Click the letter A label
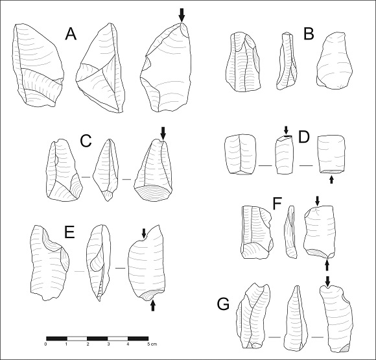(x=71, y=34)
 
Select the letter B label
(x=309, y=34)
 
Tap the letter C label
(x=86, y=141)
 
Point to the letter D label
(x=304, y=138)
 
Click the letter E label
(x=70, y=232)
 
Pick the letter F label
(x=277, y=204)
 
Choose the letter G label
(x=223, y=304)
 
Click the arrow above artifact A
(x=182, y=16)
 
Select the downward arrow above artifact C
(x=163, y=134)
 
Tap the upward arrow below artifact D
(x=332, y=180)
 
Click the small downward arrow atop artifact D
(x=286, y=130)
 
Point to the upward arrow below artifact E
(x=153, y=306)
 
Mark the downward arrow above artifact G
(x=327, y=282)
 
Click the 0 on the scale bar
(x=45, y=344)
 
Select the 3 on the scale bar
(x=108, y=344)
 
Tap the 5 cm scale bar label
(x=152, y=344)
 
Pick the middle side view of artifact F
(x=290, y=232)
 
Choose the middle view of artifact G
(x=295, y=317)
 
